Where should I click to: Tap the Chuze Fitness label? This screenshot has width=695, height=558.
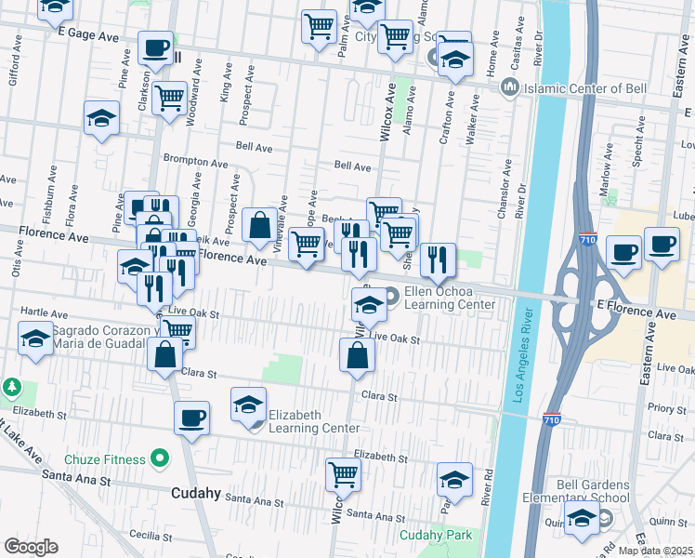pos(105,458)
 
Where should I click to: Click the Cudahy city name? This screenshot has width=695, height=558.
pos(195,493)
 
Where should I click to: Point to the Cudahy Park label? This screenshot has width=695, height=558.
pos(436,535)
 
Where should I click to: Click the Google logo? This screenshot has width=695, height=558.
pos(31,547)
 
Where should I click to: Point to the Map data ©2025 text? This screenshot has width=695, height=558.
pos(656,551)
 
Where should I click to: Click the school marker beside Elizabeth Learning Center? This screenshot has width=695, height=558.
pos(248,405)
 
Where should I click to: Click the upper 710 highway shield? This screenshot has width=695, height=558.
pos(587,239)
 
